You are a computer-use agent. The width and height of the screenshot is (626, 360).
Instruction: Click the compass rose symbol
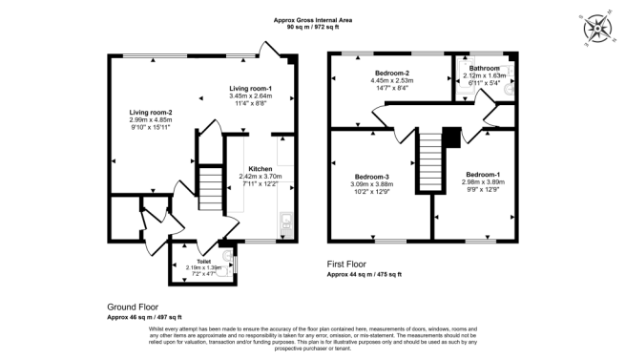coord(598,29)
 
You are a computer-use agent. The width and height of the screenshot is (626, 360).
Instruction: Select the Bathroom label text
coord(482,69)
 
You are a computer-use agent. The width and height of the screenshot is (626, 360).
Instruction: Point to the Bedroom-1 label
coord(482,174)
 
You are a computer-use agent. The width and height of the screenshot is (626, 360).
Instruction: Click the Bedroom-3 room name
coord(372,177)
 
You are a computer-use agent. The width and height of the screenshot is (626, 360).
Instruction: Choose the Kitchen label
coord(261,168)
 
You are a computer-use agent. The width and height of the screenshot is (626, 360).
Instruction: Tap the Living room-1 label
coord(250,89)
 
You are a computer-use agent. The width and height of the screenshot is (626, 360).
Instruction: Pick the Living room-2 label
coord(151,113)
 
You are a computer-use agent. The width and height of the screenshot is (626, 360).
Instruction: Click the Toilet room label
coord(202,261)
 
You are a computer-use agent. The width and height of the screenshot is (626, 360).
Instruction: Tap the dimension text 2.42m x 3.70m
coord(261,176)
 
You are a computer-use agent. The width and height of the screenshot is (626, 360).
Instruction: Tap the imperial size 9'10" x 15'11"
coord(151,128)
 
